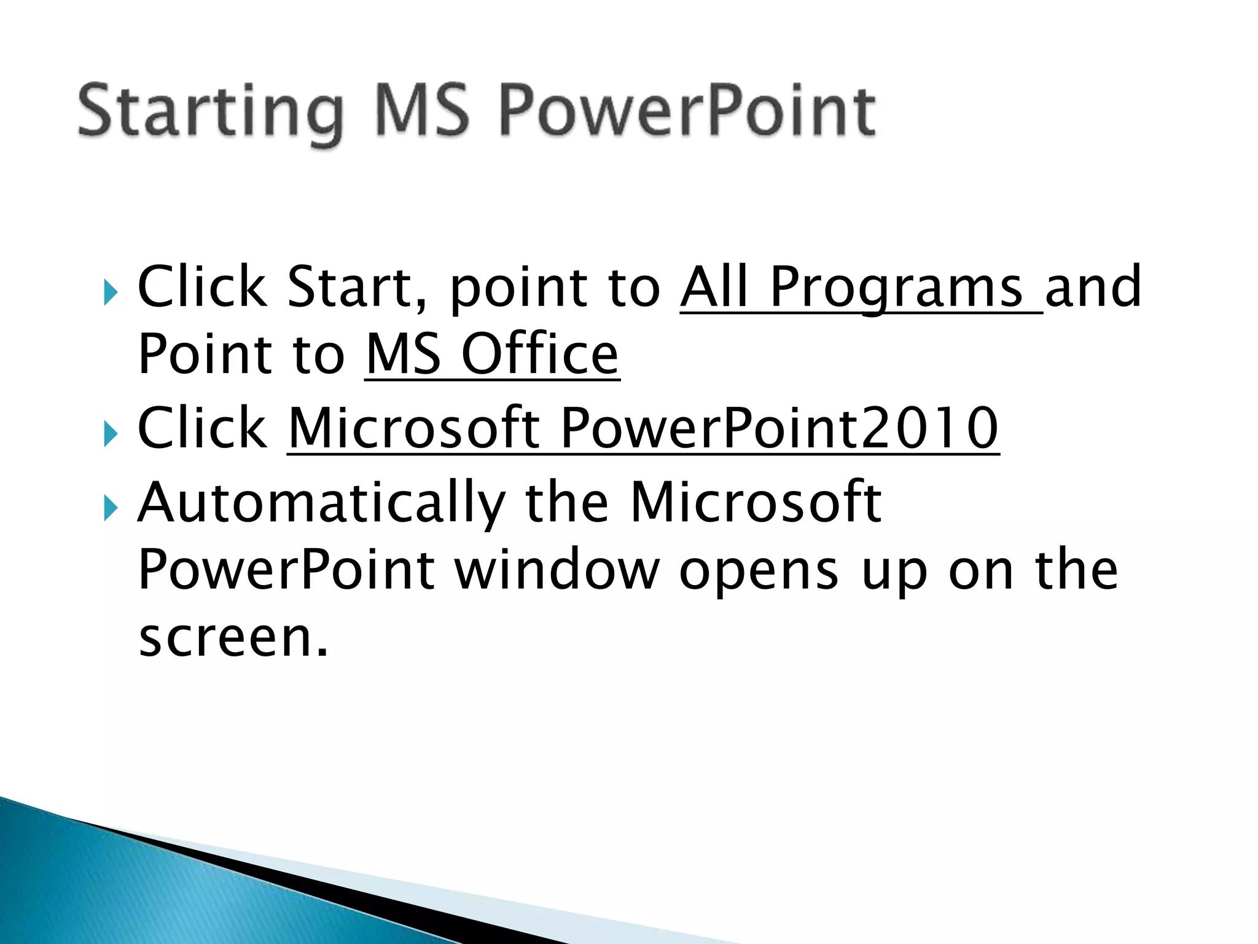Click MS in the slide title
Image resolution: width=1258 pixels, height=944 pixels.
click(421, 111)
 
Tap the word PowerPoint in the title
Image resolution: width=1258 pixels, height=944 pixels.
click(687, 111)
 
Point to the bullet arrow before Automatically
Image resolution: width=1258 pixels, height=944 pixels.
click(110, 508)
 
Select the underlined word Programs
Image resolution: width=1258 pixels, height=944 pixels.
click(896, 286)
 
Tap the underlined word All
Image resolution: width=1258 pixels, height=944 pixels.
click(715, 286)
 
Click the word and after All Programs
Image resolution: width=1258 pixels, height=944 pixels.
click(1093, 286)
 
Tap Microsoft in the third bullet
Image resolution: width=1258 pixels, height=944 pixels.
click(756, 502)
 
